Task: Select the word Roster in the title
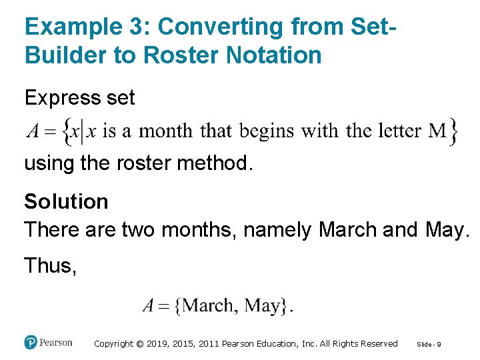point(179,55)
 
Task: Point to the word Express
point(59,98)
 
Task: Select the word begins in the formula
point(267,131)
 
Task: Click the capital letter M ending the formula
point(437,131)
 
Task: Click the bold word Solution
point(66,201)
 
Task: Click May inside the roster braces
point(263,306)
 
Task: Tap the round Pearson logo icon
point(31,342)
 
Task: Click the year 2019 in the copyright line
point(154,344)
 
